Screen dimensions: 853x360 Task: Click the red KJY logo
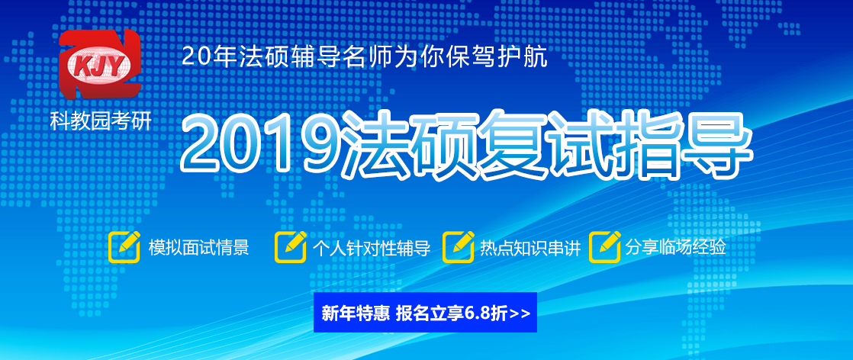pyautogui.click(x=100, y=64)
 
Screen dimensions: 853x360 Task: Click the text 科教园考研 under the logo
pyautogui.click(x=101, y=121)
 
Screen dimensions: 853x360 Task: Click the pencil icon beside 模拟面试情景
pyautogui.click(x=124, y=246)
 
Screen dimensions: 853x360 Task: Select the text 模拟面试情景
pyautogui.click(x=198, y=248)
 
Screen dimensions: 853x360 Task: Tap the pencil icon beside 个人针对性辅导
pyautogui.click(x=291, y=246)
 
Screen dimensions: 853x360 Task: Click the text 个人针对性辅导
pyautogui.click(x=371, y=248)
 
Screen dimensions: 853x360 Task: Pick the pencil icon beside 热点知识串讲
pyautogui.click(x=459, y=246)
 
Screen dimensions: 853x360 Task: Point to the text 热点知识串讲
pyautogui.click(x=530, y=248)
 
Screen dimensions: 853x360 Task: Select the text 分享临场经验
pyautogui.click(x=675, y=248)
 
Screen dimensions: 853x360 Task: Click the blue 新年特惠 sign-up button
pyautogui.click(x=426, y=312)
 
